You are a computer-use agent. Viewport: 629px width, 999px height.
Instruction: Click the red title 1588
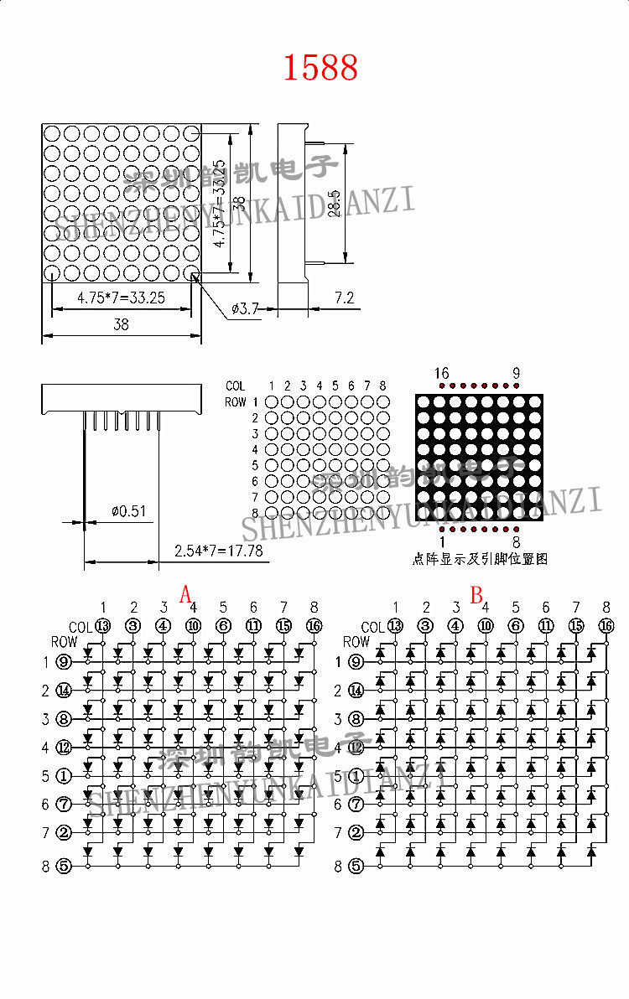point(320,68)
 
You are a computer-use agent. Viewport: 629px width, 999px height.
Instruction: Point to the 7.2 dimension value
point(344,298)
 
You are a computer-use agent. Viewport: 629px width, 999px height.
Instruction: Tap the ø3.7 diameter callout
point(244,309)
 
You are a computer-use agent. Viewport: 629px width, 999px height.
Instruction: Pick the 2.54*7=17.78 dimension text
point(218,551)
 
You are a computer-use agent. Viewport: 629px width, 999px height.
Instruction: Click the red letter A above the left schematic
point(186,595)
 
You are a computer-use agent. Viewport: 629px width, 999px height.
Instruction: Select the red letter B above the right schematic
point(476,595)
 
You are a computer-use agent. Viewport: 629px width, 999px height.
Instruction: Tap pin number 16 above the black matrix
point(442,373)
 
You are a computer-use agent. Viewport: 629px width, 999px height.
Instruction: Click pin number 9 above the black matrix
point(516,373)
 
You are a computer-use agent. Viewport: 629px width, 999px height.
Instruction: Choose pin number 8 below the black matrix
point(516,543)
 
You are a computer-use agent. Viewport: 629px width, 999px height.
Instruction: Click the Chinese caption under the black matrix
point(480,558)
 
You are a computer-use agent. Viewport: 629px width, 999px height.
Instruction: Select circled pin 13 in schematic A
point(103,625)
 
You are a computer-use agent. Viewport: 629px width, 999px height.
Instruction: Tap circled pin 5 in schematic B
point(356,866)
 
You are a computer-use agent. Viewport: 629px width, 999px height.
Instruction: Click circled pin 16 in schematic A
point(314,625)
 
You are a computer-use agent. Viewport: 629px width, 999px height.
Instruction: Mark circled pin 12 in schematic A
point(64,747)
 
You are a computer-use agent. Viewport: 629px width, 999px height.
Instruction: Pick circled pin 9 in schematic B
point(356,662)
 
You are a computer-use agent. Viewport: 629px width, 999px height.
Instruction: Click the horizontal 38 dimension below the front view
point(121,324)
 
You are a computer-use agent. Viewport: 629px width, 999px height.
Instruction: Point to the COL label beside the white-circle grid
point(236,386)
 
